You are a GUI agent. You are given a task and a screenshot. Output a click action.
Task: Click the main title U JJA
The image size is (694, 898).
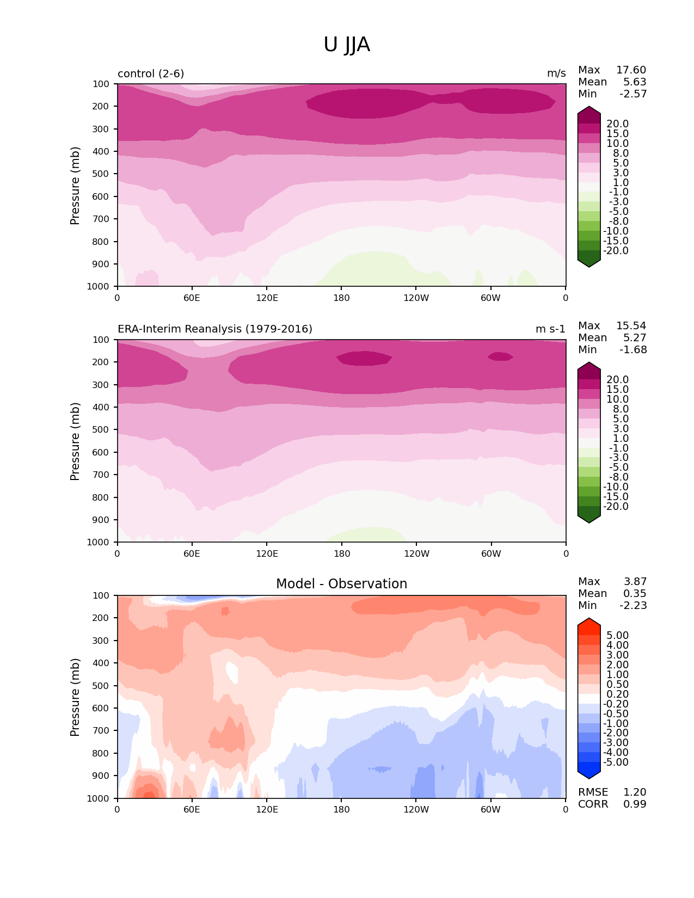click(x=347, y=45)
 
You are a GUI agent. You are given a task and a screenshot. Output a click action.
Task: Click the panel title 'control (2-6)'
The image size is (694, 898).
click(x=151, y=73)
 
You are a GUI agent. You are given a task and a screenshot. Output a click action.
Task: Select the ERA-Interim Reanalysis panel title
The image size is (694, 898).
click(x=215, y=329)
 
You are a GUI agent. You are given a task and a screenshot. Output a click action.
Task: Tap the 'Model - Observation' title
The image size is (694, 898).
click(x=341, y=584)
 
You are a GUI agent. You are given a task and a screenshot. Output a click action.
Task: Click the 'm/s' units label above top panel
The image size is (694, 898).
click(x=556, y=73)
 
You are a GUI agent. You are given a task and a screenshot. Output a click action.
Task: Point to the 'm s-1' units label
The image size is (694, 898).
click(x=550, y=329)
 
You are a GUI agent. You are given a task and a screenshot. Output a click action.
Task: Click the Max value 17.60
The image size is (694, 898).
click(x=631, y=70)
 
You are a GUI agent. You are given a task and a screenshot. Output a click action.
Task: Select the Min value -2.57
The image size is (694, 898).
click(x=633, y=94)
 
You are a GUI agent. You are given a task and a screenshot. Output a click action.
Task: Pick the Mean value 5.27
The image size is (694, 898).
click(x=635, y=338)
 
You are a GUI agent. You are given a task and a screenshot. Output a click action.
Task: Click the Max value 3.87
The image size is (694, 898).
click(x=635, y=582)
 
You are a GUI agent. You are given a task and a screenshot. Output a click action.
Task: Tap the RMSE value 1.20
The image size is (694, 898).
click(x=635, y=792)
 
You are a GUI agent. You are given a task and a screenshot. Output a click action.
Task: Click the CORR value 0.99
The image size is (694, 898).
click(x=635, y=804)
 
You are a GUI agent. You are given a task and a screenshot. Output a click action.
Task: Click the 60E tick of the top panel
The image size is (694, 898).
click(x=192, y=298)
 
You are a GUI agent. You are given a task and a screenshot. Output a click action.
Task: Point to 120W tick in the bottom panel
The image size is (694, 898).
click(x=416, y=809)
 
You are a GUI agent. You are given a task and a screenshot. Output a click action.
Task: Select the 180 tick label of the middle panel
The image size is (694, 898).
click(x=342, y=553)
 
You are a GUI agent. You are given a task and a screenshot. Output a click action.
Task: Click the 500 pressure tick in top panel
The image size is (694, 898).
click(x=101, y=174)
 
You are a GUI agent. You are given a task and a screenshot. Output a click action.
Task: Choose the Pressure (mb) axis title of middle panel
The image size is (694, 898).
click(x=75, y=441)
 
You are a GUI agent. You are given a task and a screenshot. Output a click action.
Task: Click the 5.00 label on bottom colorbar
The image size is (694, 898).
click(x=617, y=636)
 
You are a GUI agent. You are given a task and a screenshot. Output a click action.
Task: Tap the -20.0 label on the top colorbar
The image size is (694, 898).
click(x=616, y=251)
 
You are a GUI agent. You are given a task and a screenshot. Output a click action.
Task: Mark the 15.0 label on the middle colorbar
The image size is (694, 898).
click(x=617, y=390)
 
